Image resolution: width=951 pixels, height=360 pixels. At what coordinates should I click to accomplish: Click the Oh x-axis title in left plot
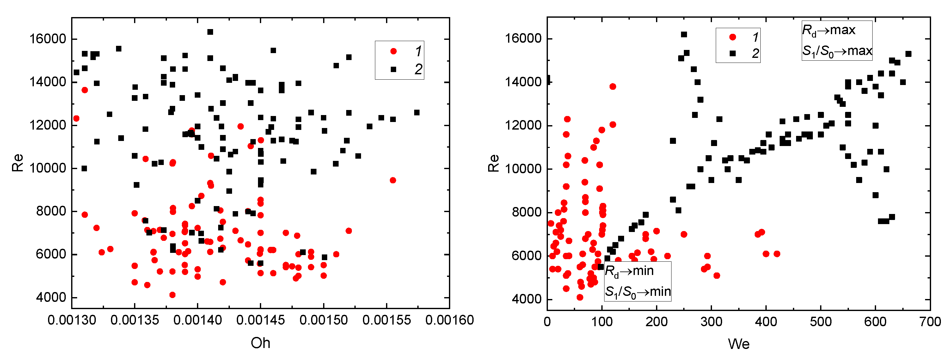pyautogui.click(x=260, y=343)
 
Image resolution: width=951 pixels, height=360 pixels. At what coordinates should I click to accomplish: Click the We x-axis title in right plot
pyautogui.click(x=738, y=344)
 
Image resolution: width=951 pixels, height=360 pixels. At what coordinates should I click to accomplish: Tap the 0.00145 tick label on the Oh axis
pyautogui.click(x=260, y=320)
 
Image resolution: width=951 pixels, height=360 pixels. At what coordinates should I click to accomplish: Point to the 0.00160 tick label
pyautogui.click(x=449, y=320)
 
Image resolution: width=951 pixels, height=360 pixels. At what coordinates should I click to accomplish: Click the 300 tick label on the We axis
pyautogui.click(x=711, y=322)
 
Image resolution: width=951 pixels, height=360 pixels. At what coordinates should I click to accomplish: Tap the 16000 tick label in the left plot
pyautogui.click(x=48, y=39)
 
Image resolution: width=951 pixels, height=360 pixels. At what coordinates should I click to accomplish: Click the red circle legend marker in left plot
pyautogui.click(x=394, y=51)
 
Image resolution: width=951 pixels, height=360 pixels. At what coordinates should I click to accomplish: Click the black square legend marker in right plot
pyautogui.click(x=733, y=53)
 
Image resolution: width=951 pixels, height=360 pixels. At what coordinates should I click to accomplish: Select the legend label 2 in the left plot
pyautogui.click(x=418, y=69)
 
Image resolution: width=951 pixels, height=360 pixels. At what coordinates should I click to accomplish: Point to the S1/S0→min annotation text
pyautogui.click(x=638, y=292)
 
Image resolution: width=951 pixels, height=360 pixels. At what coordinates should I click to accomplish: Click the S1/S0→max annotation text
pyautogui.click(x=837, y=51)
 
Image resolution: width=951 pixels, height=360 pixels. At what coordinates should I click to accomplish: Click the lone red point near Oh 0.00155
pyautogui.click(x=393, y=180)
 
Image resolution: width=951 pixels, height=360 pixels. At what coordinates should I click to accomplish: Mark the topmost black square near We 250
pyautogui.click(x=684, y=34)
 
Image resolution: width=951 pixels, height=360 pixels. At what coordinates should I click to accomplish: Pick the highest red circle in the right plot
pyautogui.click(x=613, y=86)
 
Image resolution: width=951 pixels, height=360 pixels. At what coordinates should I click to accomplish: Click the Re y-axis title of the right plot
pyautogui.click(x=494, y=163)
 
